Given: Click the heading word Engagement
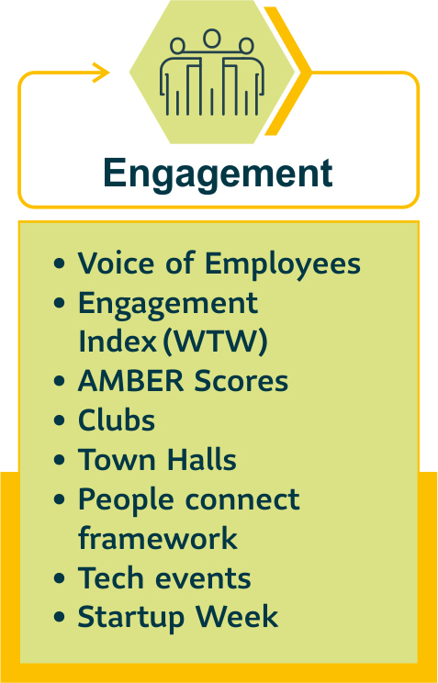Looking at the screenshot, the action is coord(218,174).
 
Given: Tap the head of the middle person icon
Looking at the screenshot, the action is coord(212,38).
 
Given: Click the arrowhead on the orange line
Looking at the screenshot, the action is coord(101,73).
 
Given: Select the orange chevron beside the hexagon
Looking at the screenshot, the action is coord(287,71).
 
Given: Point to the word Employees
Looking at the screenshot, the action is coord(283,264).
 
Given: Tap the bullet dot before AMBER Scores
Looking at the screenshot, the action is coord(59,381).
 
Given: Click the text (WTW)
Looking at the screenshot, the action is coord(215,341).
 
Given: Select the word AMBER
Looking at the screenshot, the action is coord(132,381).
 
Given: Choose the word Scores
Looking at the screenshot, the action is coord(241,381).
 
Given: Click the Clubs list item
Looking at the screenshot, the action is coord(117,420).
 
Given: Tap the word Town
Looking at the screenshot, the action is coord(114,459).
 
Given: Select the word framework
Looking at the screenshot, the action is coord(158,538).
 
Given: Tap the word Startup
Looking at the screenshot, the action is coord(133,618).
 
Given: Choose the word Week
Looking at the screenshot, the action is coord(237,616).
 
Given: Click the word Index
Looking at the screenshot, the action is coord(117,341).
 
